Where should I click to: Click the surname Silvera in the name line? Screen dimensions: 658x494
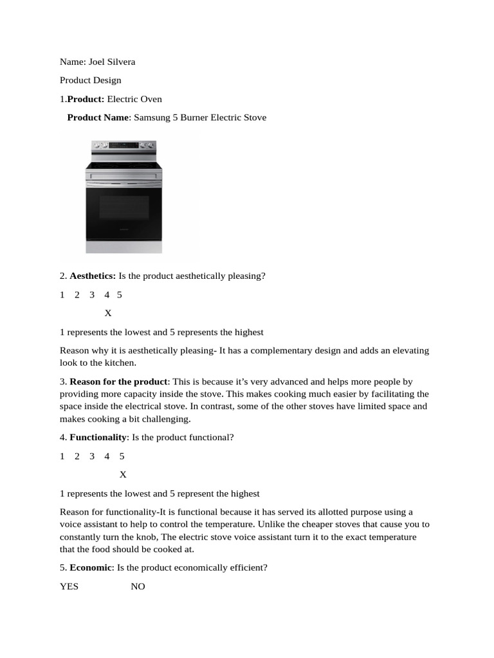tap(120, 62)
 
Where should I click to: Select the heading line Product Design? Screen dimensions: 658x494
tap(90, 80)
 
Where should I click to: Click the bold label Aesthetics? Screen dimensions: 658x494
tap(93, 276)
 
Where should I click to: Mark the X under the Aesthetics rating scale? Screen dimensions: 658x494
tap(108, 313)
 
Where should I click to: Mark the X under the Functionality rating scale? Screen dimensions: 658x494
tap(123, 475)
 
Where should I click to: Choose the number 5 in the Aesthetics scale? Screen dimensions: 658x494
tap(120, 295)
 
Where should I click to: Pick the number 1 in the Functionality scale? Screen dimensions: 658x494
tap(62, 456)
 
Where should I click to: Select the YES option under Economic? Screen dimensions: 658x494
tap(69, 586)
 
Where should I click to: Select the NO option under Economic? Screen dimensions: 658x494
tap(138, 586)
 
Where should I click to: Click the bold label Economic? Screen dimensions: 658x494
tap(91, 567)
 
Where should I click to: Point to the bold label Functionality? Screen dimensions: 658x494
tap(98, 438)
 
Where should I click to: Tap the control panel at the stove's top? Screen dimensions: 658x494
tap(123, 146)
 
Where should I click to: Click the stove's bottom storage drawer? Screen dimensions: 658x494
tap(123, 247)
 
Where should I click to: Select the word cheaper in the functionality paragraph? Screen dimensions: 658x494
tap(310, 524)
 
